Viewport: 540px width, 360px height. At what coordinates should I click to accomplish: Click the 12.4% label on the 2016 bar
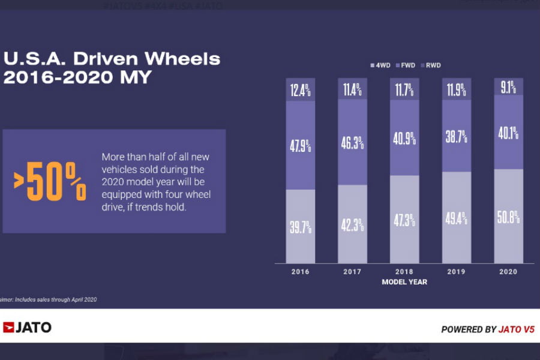301,91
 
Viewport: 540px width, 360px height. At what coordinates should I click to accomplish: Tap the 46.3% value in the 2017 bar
353,143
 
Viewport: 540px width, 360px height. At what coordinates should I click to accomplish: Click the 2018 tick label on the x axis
404,272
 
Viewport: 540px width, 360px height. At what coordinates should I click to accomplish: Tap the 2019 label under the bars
457,272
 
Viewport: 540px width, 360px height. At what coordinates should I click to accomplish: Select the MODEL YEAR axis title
404,281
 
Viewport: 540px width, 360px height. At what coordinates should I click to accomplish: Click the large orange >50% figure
50,182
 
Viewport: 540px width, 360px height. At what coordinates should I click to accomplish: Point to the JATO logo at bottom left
27,328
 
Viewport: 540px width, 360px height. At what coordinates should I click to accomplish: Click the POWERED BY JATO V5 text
487,329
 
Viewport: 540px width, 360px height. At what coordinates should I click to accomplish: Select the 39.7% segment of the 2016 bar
301,227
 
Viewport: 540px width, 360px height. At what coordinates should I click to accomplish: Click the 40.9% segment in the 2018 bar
404,139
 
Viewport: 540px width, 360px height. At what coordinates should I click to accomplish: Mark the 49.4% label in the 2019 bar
457,218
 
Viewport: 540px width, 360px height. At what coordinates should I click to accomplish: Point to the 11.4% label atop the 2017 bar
353,91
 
